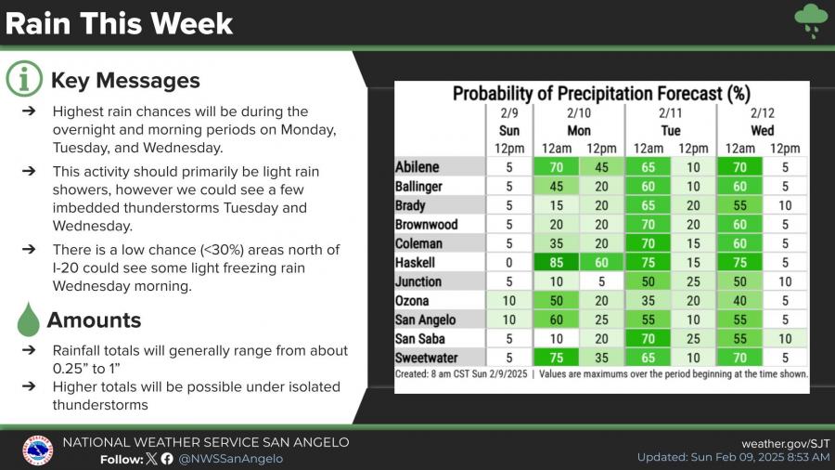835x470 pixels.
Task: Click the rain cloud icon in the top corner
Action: [x=811, y=20]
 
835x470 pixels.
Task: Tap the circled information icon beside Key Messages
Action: [x=25, y=80]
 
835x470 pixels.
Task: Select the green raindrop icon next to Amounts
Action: [x=30, y=320]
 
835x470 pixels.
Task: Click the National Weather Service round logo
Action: [x=37, y=450]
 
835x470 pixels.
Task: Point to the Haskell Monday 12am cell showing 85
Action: [x=556, y=263]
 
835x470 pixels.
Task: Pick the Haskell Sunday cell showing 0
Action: [x=509, y=263]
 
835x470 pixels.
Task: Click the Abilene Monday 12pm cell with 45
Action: [x=601, y=167]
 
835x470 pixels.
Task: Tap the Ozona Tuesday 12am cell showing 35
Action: [x=647, y=301]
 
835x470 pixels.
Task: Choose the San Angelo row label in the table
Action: [x=427, y=320]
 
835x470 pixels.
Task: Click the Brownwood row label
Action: [x=426, y=225]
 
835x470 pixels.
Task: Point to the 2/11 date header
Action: [x=671, y=113]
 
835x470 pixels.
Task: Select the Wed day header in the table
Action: [x=762, y=131]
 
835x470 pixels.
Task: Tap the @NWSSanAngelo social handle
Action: [x=230, y=458]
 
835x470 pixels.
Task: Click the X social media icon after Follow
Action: [x=151, y=458]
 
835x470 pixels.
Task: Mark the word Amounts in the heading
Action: [x=94, y=320]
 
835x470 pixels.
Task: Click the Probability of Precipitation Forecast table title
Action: [x=601, y=94]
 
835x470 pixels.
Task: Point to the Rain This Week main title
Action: [x=120, y=23]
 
